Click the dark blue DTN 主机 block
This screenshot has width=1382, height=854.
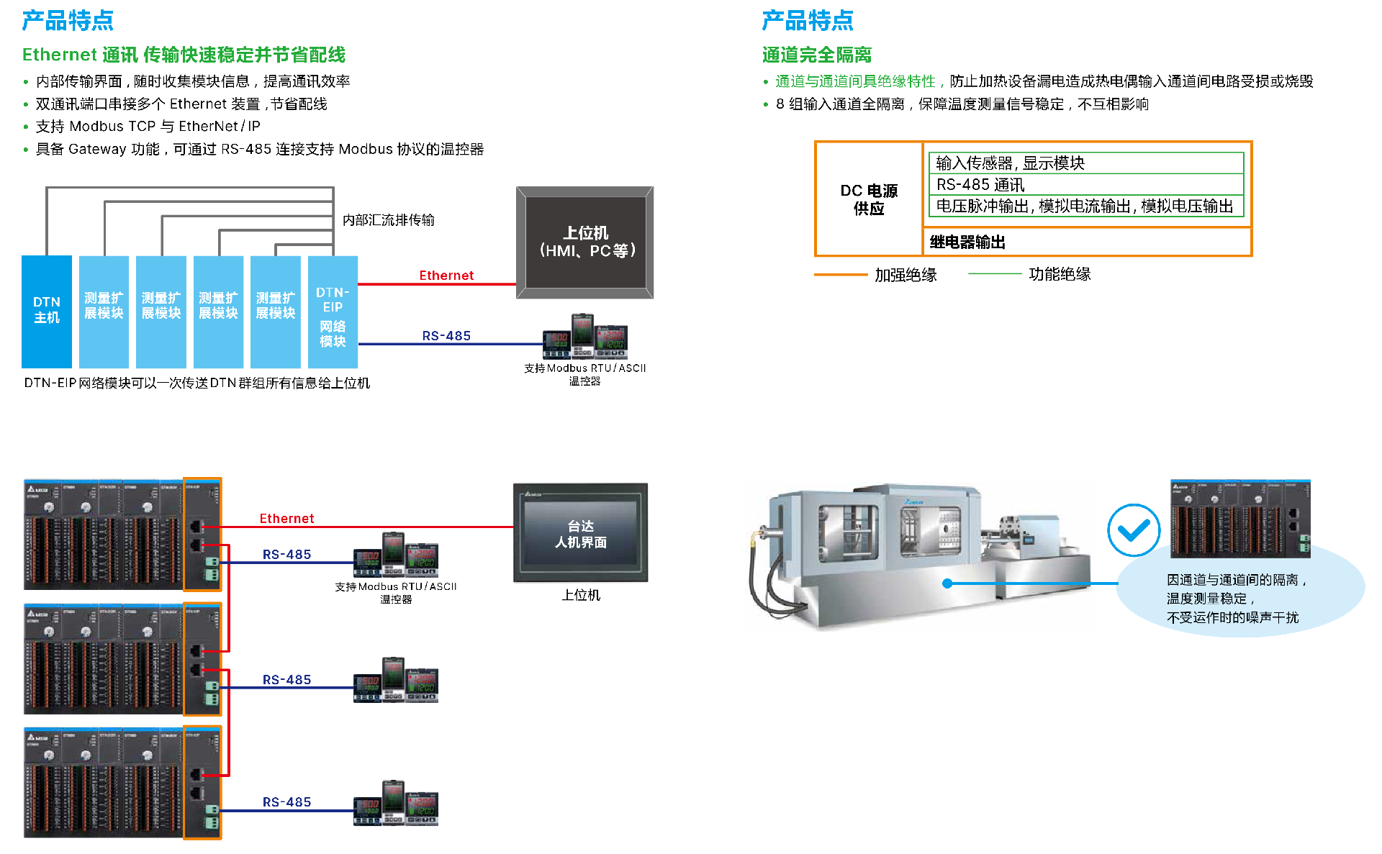tap(47, 311)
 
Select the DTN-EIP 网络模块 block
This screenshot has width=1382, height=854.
tap(333, 311)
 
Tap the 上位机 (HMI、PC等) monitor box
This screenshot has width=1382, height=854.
tap(584, 242)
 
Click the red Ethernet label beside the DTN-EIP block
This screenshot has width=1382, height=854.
tap(446, 276)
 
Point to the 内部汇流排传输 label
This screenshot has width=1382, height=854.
tap(388, 220)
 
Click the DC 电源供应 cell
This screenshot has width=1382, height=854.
tap(869, 199)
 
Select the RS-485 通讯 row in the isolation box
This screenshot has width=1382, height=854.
tap(1085, 185)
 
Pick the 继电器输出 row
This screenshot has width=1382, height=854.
tap(1085, 242)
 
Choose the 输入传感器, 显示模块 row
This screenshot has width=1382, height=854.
tap(1085, 163)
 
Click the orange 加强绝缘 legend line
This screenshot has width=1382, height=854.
tap(840, 274)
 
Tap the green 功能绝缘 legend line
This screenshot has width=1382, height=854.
tap(995, 273)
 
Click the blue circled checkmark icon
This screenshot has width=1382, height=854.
tap(1134, 530)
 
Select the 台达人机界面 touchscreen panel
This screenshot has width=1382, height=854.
tap(580, 533)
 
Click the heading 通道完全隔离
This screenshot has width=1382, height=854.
tap(816, 55)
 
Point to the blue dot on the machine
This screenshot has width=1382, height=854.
tap(947, 583)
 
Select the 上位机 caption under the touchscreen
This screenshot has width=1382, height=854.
tap(580, 595)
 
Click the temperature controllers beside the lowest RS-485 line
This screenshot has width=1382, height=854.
tap(396, 804)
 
